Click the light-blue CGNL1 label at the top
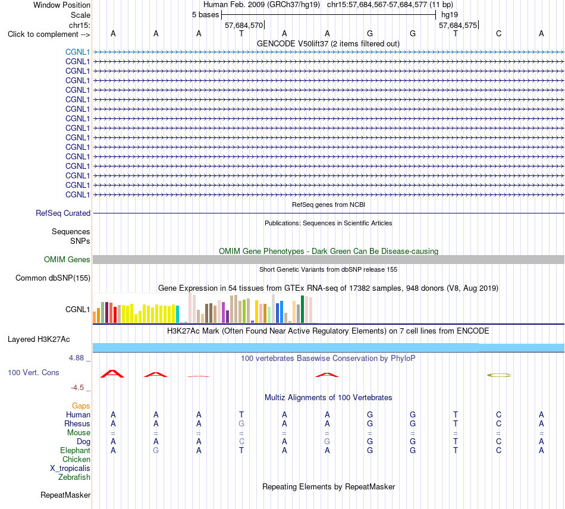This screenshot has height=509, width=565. coord(77,52)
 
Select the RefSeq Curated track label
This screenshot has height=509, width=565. coord(63,213)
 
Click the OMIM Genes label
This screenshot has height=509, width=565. coord(67,259)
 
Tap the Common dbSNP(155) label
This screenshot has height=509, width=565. coord(53,278)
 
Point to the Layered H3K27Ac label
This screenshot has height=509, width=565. coord(39,340)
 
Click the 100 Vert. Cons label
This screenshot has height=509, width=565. coord(33,372)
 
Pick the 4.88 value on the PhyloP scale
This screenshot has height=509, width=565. coord(76,358)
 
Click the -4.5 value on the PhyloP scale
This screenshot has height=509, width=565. coord(77,388)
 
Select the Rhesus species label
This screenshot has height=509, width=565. coord(77,423)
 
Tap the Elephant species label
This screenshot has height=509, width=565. coord(76,450)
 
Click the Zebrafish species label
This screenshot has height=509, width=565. coord(74,477)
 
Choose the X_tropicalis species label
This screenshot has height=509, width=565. coord(70,469)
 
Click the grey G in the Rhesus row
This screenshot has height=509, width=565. coord(241,423)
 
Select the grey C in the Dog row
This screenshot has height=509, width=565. coord(241,441)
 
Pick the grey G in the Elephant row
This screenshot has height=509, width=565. coord(156,450)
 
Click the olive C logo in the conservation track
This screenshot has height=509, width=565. coord(499,375)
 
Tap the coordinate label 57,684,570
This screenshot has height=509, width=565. coord(244,25)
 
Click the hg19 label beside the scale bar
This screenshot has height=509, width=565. coord(450,15)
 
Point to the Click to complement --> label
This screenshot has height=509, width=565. coord(49,34)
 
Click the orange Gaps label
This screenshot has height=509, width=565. coord(81,406)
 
